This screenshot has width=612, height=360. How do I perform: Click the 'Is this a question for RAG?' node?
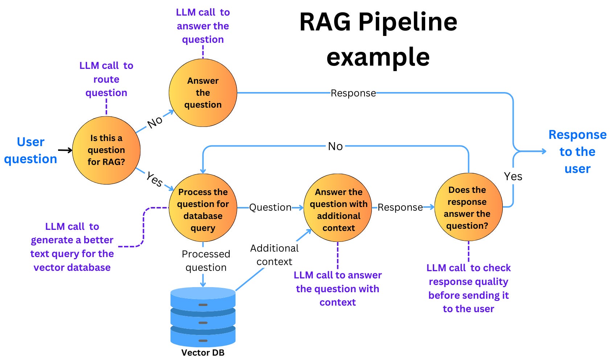pos(106,150)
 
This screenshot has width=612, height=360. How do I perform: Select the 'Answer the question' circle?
pos(203,93)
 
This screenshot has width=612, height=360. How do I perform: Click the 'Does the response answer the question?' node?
pos(468,207)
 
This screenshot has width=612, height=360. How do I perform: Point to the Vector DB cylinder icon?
pos(203,317)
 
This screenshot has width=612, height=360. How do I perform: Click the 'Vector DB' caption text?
pos(203,353)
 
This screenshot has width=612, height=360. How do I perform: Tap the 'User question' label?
pos(30,150)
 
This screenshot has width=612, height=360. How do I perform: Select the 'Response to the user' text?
pos(577,152)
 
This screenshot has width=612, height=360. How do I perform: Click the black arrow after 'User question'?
pos(65,150)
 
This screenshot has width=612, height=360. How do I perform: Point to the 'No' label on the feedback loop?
pos(335,146)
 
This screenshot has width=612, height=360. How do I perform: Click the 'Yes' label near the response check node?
pos(513,177)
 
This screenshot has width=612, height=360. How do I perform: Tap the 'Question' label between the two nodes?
pos(270,207)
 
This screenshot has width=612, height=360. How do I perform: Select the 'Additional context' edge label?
pos(274,255)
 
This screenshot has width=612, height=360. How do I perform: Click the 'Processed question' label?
pos(206,261)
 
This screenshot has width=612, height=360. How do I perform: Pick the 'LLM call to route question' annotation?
pos(106,79)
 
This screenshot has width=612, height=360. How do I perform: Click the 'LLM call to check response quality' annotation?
pos(468,288)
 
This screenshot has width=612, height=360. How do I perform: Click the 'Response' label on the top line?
pos(353,93)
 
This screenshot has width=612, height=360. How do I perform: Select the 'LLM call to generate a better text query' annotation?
pos(72,247)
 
